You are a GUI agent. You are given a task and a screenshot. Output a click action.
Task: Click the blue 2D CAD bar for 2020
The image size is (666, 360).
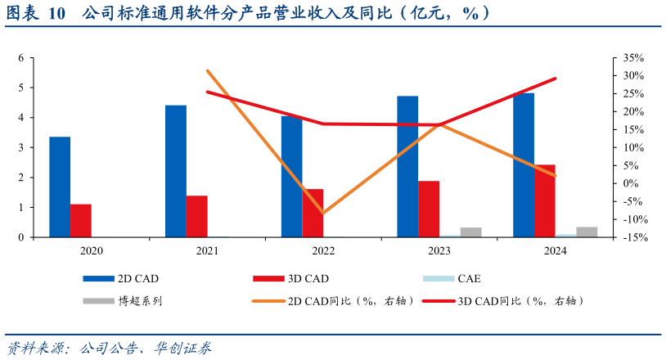[60, 187]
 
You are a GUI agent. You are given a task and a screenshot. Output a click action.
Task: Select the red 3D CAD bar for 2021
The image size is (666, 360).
[196, 216]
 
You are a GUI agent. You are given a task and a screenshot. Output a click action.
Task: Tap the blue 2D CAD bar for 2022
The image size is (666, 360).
[292, 176]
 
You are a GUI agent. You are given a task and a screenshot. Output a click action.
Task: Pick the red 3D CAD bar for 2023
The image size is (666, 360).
[429, 209]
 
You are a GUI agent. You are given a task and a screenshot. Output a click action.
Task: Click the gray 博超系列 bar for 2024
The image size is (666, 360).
[587, 232]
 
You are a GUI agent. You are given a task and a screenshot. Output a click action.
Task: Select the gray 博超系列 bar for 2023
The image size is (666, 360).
[470, 232]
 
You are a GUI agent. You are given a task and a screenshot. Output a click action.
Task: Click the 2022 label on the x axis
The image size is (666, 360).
[322, 251]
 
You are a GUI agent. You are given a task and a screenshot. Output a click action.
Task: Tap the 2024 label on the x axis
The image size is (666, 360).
[555, 251]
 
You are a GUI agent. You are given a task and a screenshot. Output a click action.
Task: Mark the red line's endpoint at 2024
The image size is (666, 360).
[556, 79]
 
